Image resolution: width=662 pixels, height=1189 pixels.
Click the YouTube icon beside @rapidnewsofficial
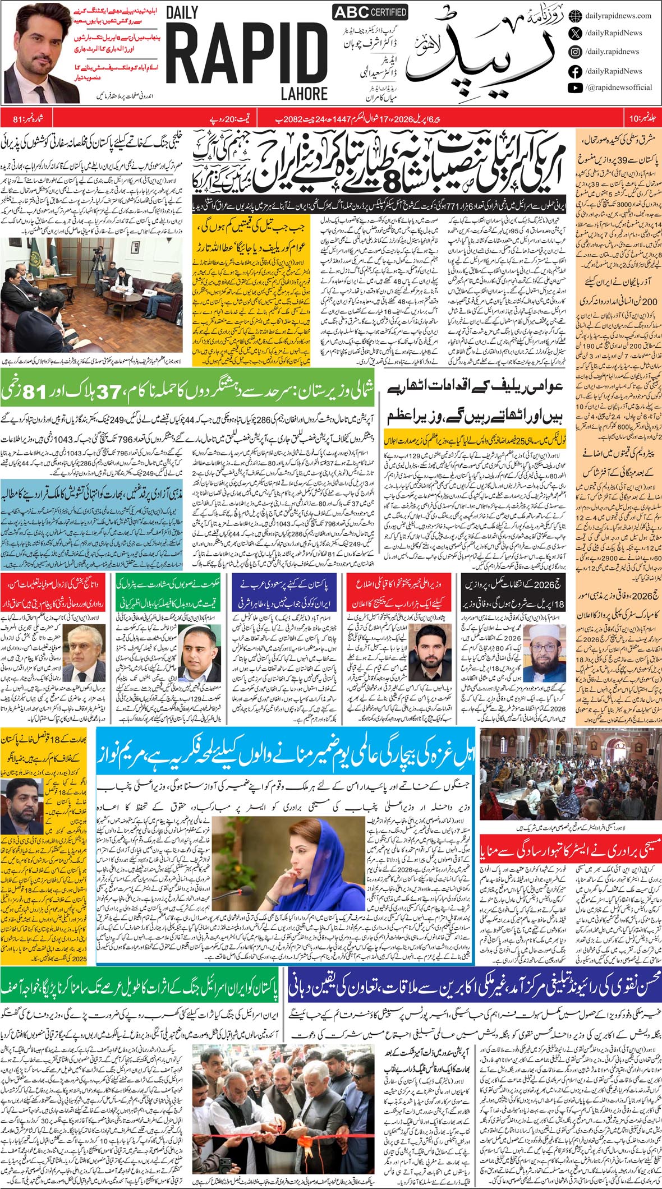click(574, 87)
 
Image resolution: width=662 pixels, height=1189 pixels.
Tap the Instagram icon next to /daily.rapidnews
click(574, 52)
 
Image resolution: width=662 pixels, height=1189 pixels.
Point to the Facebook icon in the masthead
click(574, 71)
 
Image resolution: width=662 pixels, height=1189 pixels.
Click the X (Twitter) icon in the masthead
click(574, 34)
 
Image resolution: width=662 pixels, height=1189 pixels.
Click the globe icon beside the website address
click(574, 16)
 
